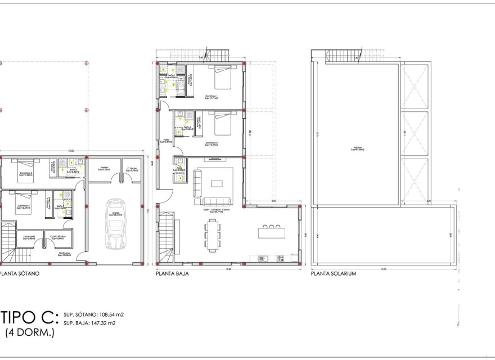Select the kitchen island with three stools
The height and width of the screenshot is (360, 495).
point(273,232)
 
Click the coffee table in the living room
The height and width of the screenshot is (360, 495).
point(217,183)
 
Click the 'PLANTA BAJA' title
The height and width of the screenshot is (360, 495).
point(172,274)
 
